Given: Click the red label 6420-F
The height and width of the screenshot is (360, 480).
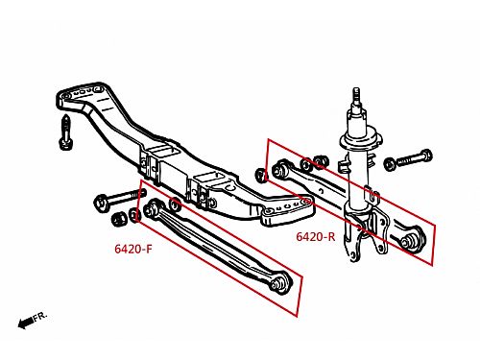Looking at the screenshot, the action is (133, 249).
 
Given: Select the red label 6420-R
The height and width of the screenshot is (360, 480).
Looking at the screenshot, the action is (316, 237).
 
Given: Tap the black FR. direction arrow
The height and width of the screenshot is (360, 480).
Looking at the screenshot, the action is (25, 323).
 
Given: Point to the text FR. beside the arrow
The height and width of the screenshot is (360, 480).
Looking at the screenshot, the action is (40, 316).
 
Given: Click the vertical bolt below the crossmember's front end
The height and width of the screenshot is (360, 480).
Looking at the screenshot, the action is (66, 132).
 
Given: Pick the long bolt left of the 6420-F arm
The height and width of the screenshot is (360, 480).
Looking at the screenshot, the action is (120, 198).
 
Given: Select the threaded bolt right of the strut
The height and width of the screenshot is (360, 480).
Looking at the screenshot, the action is (414, 157).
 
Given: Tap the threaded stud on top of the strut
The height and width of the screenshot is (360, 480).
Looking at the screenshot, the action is (357, 95).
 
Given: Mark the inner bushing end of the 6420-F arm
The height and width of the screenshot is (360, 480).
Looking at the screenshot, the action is (153, 207).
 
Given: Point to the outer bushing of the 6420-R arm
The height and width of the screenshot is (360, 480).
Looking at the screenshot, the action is (413, 239).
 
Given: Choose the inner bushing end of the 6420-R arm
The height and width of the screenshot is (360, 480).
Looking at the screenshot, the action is (280, 169).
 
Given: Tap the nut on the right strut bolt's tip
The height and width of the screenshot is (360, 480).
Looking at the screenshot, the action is (390, 164).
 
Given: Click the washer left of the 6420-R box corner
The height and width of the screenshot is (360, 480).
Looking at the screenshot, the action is (261, 176).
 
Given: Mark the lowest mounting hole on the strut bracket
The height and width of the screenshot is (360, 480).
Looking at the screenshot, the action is (352, 254).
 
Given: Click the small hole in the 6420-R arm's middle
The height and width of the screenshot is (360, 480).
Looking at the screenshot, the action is (322, 191).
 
